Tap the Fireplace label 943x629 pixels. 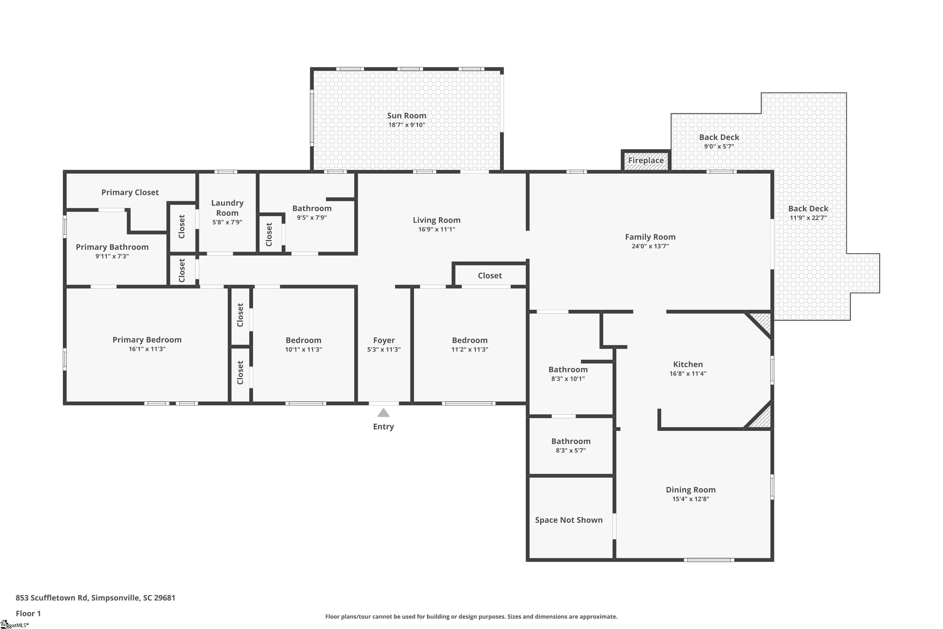coord(646,160)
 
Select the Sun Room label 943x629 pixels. coord(406,115)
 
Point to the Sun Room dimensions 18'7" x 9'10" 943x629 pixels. coord(406,125)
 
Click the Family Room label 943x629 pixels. coord(650,237)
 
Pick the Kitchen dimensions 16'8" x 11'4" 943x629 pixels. coord(688,374)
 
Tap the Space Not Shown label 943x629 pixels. coord(569,520)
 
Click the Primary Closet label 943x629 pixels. coord(130,192)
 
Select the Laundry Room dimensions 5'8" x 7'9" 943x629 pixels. coord(227,222)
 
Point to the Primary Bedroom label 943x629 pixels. coord(147,340)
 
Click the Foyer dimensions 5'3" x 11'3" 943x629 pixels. coord(384,349)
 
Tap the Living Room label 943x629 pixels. coord(437,220)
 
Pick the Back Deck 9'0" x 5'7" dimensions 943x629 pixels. coord(719,147)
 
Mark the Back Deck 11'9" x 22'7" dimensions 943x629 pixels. coord(808,218)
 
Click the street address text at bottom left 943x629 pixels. coord(96,598)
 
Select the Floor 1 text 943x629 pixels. coord(28,613)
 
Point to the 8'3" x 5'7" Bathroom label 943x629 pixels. coord(571,441)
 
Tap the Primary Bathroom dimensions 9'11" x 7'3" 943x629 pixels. coord(112,256)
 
